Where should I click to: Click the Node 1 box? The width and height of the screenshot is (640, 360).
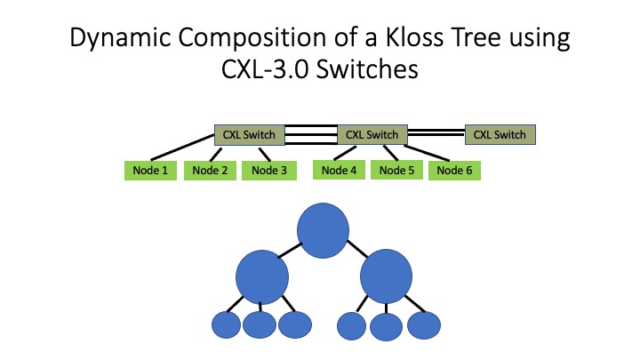(150, 170)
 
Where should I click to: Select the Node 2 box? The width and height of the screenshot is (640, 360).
(210, 170)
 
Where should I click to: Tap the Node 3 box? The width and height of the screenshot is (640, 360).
(269, 170)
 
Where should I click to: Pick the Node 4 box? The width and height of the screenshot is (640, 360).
(339, 170)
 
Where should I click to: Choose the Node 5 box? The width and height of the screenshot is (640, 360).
(396, 170)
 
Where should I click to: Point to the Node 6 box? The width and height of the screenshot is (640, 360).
(454, 170)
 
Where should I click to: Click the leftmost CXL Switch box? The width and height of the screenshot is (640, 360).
(250, 135)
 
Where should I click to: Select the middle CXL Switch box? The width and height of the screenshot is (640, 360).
(372, 134)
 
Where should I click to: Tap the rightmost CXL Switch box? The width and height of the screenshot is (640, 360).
(500, 135)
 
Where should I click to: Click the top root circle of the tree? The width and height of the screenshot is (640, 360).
(323, 230)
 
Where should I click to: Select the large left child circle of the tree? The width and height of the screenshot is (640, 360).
(262, 277)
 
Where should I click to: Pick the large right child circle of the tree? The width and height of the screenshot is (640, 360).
(386, 276)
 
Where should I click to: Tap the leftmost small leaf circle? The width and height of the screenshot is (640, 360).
(226, 325)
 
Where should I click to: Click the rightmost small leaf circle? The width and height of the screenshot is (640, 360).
(424, 325)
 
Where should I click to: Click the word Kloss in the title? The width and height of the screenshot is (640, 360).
(415, 37)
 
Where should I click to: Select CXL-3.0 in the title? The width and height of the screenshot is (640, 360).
(265, 69)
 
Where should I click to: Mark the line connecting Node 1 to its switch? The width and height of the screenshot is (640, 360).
(182, 147)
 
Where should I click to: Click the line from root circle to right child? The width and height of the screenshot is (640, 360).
(357, 249)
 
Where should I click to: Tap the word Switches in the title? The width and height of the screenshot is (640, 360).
(367, 69)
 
